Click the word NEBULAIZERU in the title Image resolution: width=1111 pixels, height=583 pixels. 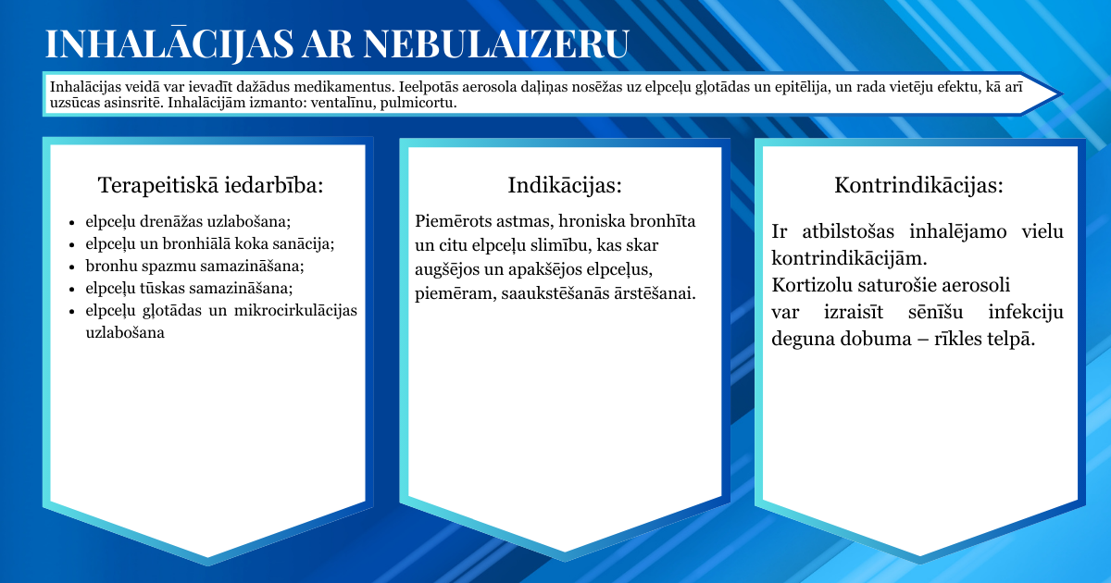pos(496,44)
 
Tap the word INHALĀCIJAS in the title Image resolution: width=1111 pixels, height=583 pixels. pos(169,43)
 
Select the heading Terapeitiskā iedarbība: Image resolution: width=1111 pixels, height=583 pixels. pos(211,185)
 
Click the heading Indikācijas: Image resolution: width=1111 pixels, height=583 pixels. pos(565,185)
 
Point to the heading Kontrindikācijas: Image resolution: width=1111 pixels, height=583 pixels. pos(918,185)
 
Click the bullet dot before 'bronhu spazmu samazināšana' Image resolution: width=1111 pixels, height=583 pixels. pos(72,267)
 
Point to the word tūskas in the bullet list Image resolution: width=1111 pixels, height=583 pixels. pos(162,288)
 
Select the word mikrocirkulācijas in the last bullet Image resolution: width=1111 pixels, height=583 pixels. pos(295,310)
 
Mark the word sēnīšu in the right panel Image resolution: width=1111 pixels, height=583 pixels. pos(935,313)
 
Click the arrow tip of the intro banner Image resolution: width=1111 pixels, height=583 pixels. pos(1061,93)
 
